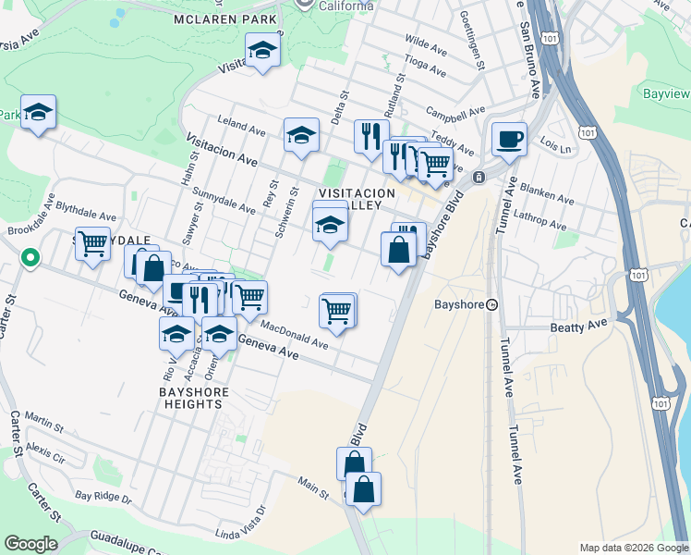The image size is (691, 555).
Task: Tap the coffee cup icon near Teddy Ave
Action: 509,140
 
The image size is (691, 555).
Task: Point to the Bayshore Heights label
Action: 193,398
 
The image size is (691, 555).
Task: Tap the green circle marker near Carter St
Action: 30,258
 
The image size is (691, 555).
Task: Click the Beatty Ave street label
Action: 580,327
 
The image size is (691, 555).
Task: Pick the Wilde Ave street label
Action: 427,43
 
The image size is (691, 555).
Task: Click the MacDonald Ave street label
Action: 294,334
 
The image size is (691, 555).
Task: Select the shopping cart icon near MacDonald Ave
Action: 337,310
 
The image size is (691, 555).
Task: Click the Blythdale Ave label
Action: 83,208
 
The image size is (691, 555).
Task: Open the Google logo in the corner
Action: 30,544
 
